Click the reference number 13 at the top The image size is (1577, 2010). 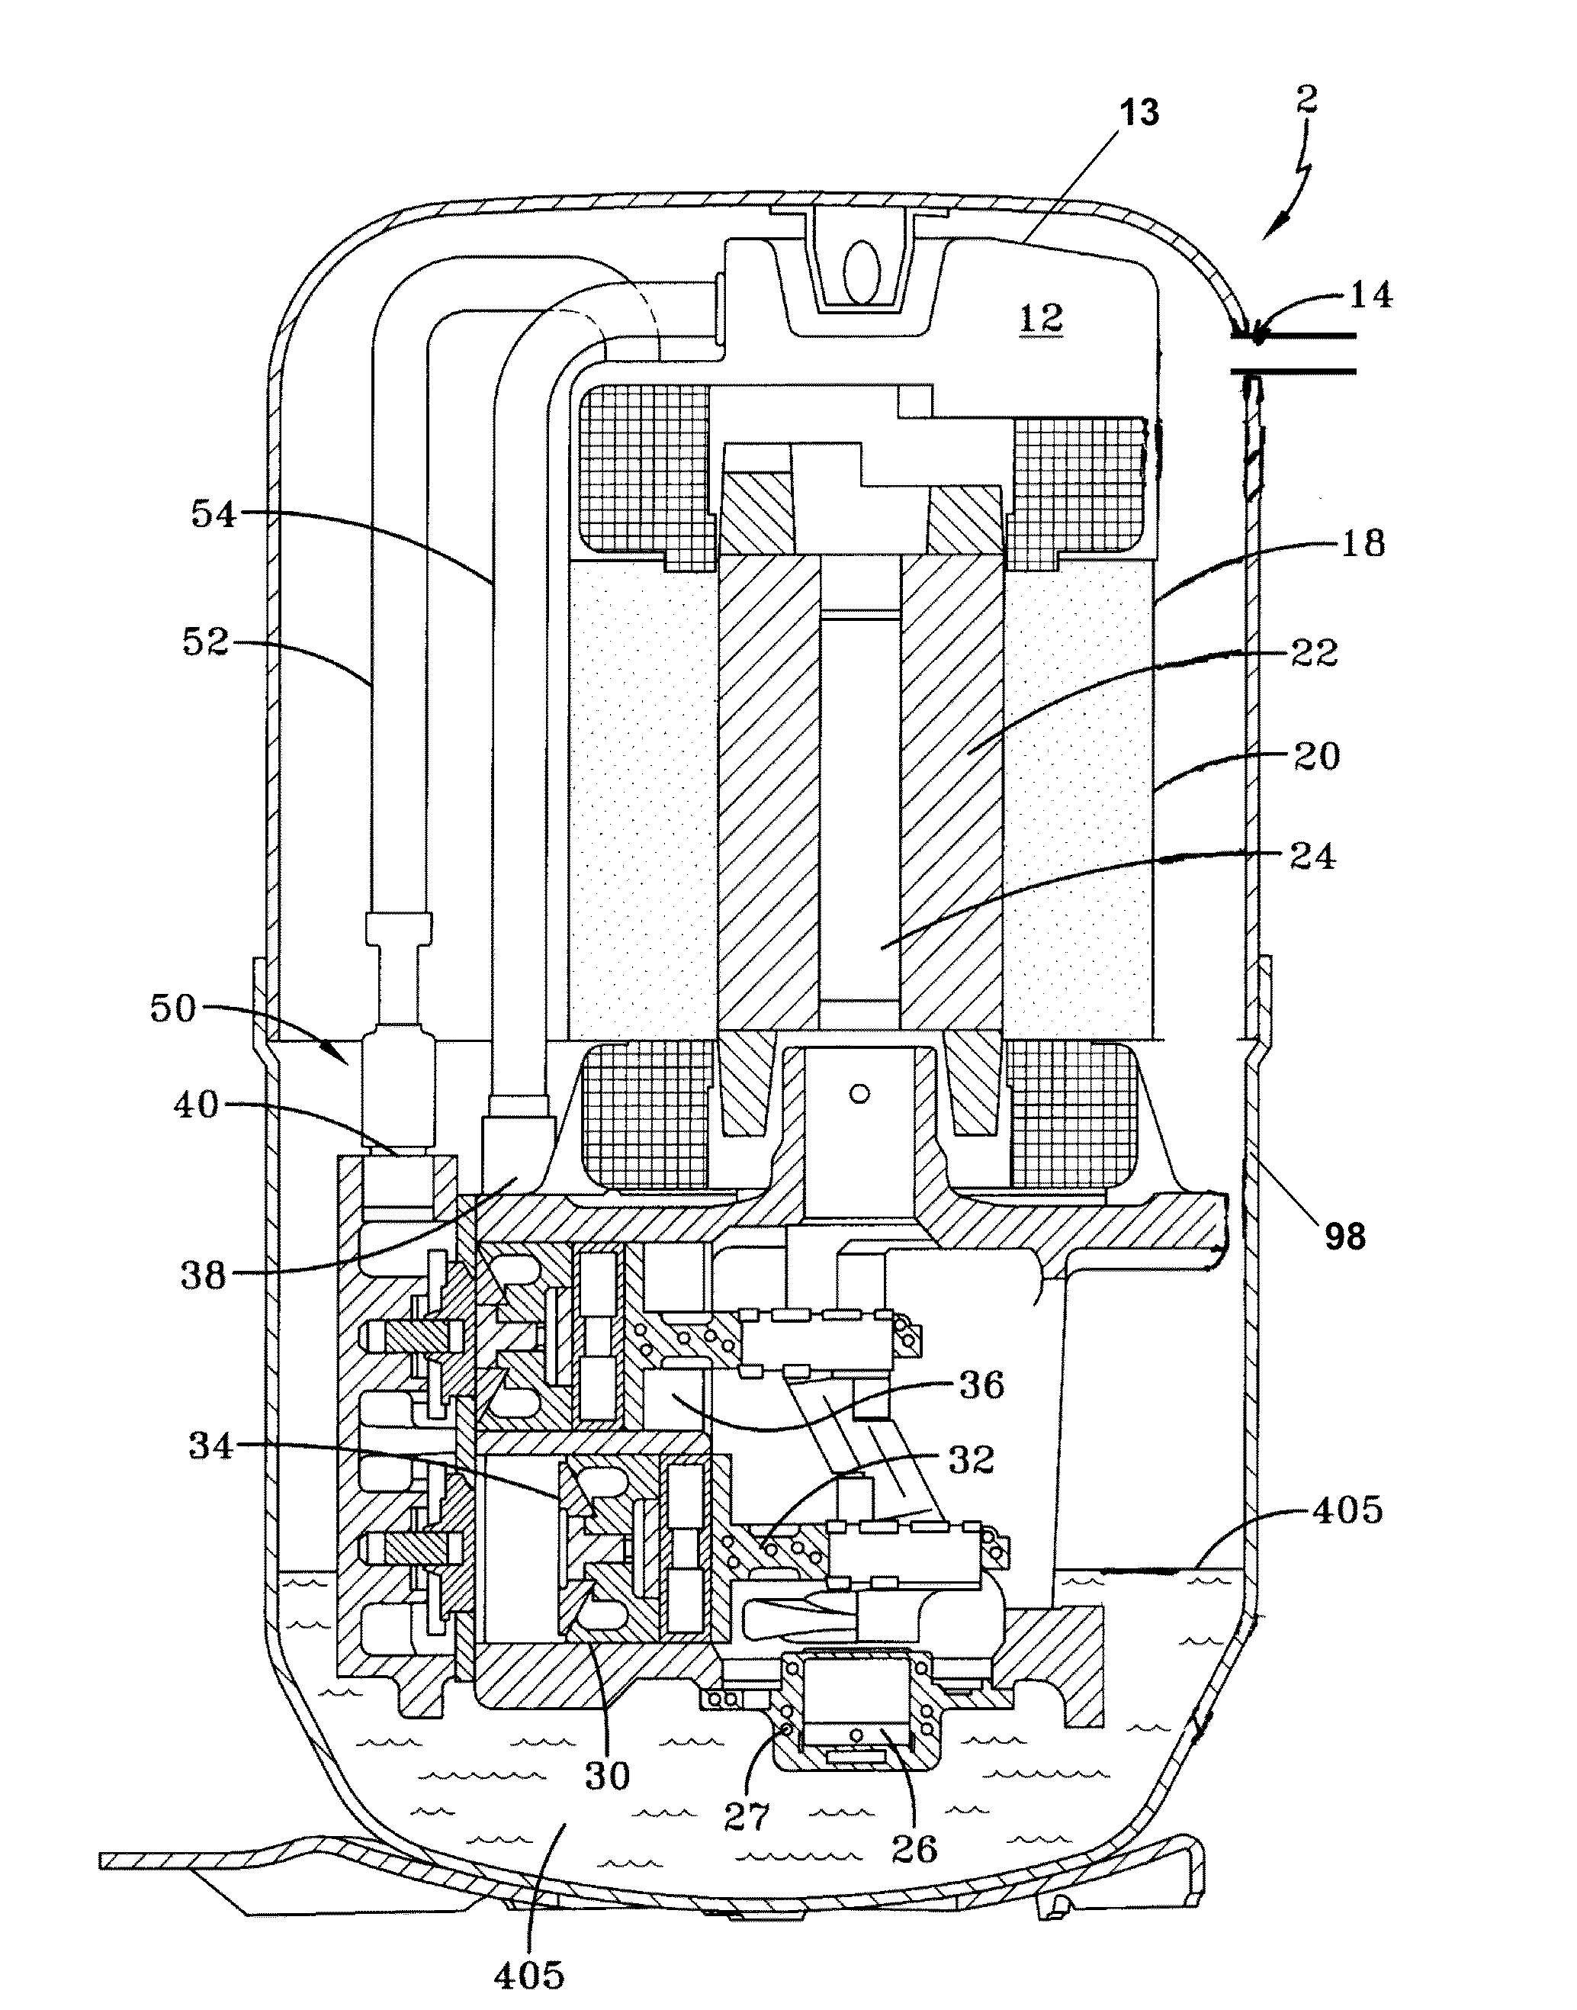pos(1139,114)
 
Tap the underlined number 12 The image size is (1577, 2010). pos(1042,320)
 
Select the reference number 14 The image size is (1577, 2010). pos(1371,297)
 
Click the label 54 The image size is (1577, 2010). pos(214,514)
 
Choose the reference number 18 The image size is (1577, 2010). pos(1363,543)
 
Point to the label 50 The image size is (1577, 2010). pos(175,1008)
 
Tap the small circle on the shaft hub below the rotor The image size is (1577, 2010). pos(859,1094)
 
